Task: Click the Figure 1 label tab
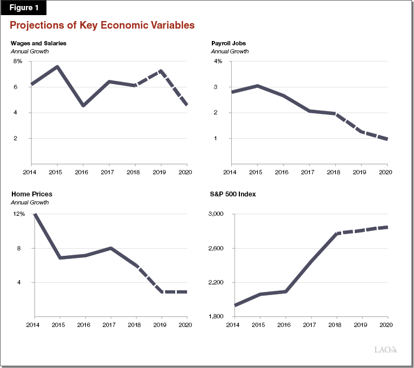click(x=24, y=8)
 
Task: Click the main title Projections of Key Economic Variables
click(x=102, y=25)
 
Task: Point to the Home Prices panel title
click(x=31, y=194)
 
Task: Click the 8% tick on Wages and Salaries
click(x=18, y=62)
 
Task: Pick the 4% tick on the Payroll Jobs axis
click(x=218, y=62)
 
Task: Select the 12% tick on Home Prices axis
click(x=19, y=214)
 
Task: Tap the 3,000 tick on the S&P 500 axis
click(x=215, y=214)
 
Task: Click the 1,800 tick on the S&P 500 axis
click(x=215, y=317)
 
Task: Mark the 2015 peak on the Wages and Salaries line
click(x=57, y=67)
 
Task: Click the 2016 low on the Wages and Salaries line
click(x=82, y=105)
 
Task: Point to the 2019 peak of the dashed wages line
click(x=161, y=71)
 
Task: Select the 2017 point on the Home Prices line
click(x=111, y=248)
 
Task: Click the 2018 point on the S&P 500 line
click(x=336, y=234)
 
